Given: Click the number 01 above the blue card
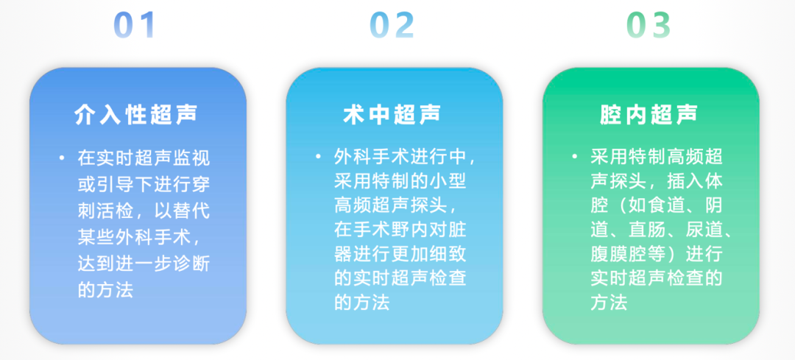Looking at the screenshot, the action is click(134, 25).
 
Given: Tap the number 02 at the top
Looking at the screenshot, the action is click(392, 25).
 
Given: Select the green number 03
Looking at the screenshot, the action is click(649, 25).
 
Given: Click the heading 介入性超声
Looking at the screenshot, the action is click(135, 115).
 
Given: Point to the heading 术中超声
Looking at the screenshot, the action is click(392, 115).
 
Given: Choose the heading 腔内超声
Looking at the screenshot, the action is click(649, 115).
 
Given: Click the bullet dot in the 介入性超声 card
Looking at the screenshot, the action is click(61, 158).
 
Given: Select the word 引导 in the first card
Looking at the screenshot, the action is click(115, 185).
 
